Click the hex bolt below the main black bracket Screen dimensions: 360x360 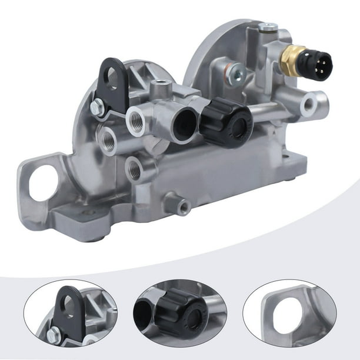[97, 108]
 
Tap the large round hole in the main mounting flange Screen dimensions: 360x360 [42, 184]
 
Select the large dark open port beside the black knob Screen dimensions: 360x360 [186, 124]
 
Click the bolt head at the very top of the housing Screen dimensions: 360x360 [269, 27]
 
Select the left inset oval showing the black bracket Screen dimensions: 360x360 [71, 312]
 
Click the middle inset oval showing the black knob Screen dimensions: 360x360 [180, 312]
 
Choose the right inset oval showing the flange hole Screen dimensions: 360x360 [289, 312]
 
